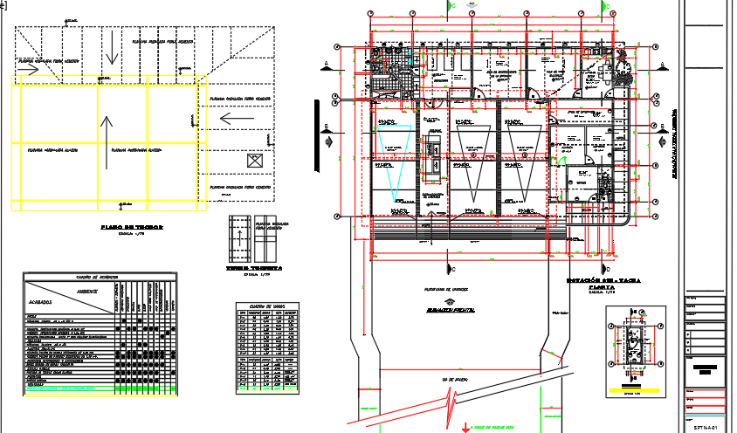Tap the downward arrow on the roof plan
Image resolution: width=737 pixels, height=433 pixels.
tap(111, 52)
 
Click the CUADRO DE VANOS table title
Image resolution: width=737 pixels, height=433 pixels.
tap(268, 306)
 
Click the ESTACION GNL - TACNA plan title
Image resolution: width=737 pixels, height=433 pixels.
tap(604, 280)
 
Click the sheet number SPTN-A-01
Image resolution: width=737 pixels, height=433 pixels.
tap(706, 428)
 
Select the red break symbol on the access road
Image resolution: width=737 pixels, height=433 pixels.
tap(451, 403)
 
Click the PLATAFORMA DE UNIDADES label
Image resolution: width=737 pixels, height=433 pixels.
tap(449, 287)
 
